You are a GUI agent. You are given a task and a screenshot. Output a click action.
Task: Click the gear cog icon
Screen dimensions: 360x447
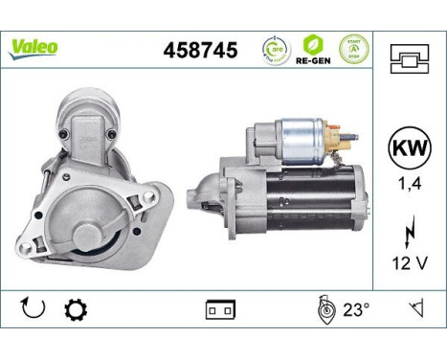pyautogui.click(x=74, y=311)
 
